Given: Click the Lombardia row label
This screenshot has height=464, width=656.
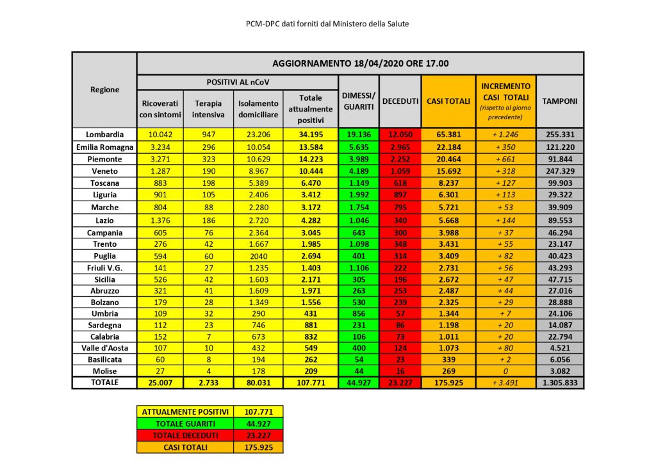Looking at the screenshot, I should pos(104,135).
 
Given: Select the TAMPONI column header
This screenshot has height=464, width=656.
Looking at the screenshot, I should pos(559,101).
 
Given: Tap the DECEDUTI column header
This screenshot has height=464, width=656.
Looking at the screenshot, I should pos(400,101).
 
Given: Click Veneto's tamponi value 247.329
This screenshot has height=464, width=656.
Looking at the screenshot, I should pos(559,171).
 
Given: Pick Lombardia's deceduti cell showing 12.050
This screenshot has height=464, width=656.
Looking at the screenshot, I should pos(400,135).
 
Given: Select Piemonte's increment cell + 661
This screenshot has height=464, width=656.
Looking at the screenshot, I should pos(505,159).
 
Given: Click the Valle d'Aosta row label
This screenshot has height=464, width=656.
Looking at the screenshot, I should pos(104,347).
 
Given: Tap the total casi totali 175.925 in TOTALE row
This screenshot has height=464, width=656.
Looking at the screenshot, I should pos(448,383).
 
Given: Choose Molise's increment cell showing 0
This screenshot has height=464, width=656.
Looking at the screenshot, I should pos(505,371).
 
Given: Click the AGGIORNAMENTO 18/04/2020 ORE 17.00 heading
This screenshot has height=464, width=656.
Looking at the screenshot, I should pos(360,63).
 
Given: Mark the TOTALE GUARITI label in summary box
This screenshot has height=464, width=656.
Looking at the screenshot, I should pos(185,423).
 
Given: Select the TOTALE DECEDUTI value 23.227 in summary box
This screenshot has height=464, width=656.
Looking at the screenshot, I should pos(258,435).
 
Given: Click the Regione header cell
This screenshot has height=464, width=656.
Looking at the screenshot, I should pos(104,90).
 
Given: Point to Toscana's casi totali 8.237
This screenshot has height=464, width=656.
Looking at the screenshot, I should pos(448,183).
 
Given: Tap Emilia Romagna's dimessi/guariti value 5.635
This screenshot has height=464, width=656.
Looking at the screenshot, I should pos(359,147).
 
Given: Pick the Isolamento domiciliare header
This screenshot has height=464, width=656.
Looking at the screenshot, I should pos(258,109).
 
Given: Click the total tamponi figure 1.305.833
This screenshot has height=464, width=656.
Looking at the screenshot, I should pos(559,383).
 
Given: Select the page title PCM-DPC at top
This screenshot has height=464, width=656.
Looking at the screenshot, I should pos(327,24).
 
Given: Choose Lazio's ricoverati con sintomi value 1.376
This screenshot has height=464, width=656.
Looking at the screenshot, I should pos(161,220).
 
